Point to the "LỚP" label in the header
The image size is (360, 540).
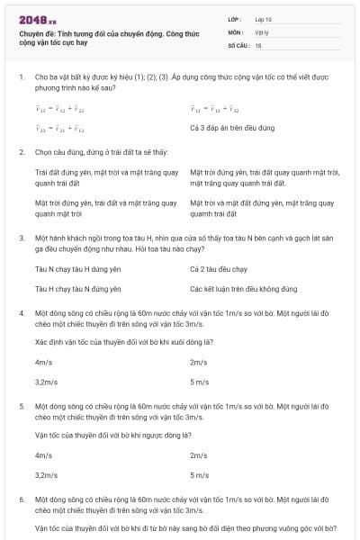(x=236, y=18)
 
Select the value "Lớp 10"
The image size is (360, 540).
(x=264, y=18)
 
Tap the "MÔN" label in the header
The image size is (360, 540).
(x=237, y=31)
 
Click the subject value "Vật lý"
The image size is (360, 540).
(x=262, y=31)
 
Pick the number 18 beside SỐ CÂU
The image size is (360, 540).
(x=258, y=43)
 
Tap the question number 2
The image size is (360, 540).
(x=21, y=153)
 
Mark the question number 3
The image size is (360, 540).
(x=21, y=238)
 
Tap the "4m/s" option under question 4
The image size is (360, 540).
(x=43, y=363)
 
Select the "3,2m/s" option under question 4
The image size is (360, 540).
(x=46, y=382)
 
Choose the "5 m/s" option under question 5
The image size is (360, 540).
(x=200, y=474)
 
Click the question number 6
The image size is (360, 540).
(x=21, y=498)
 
